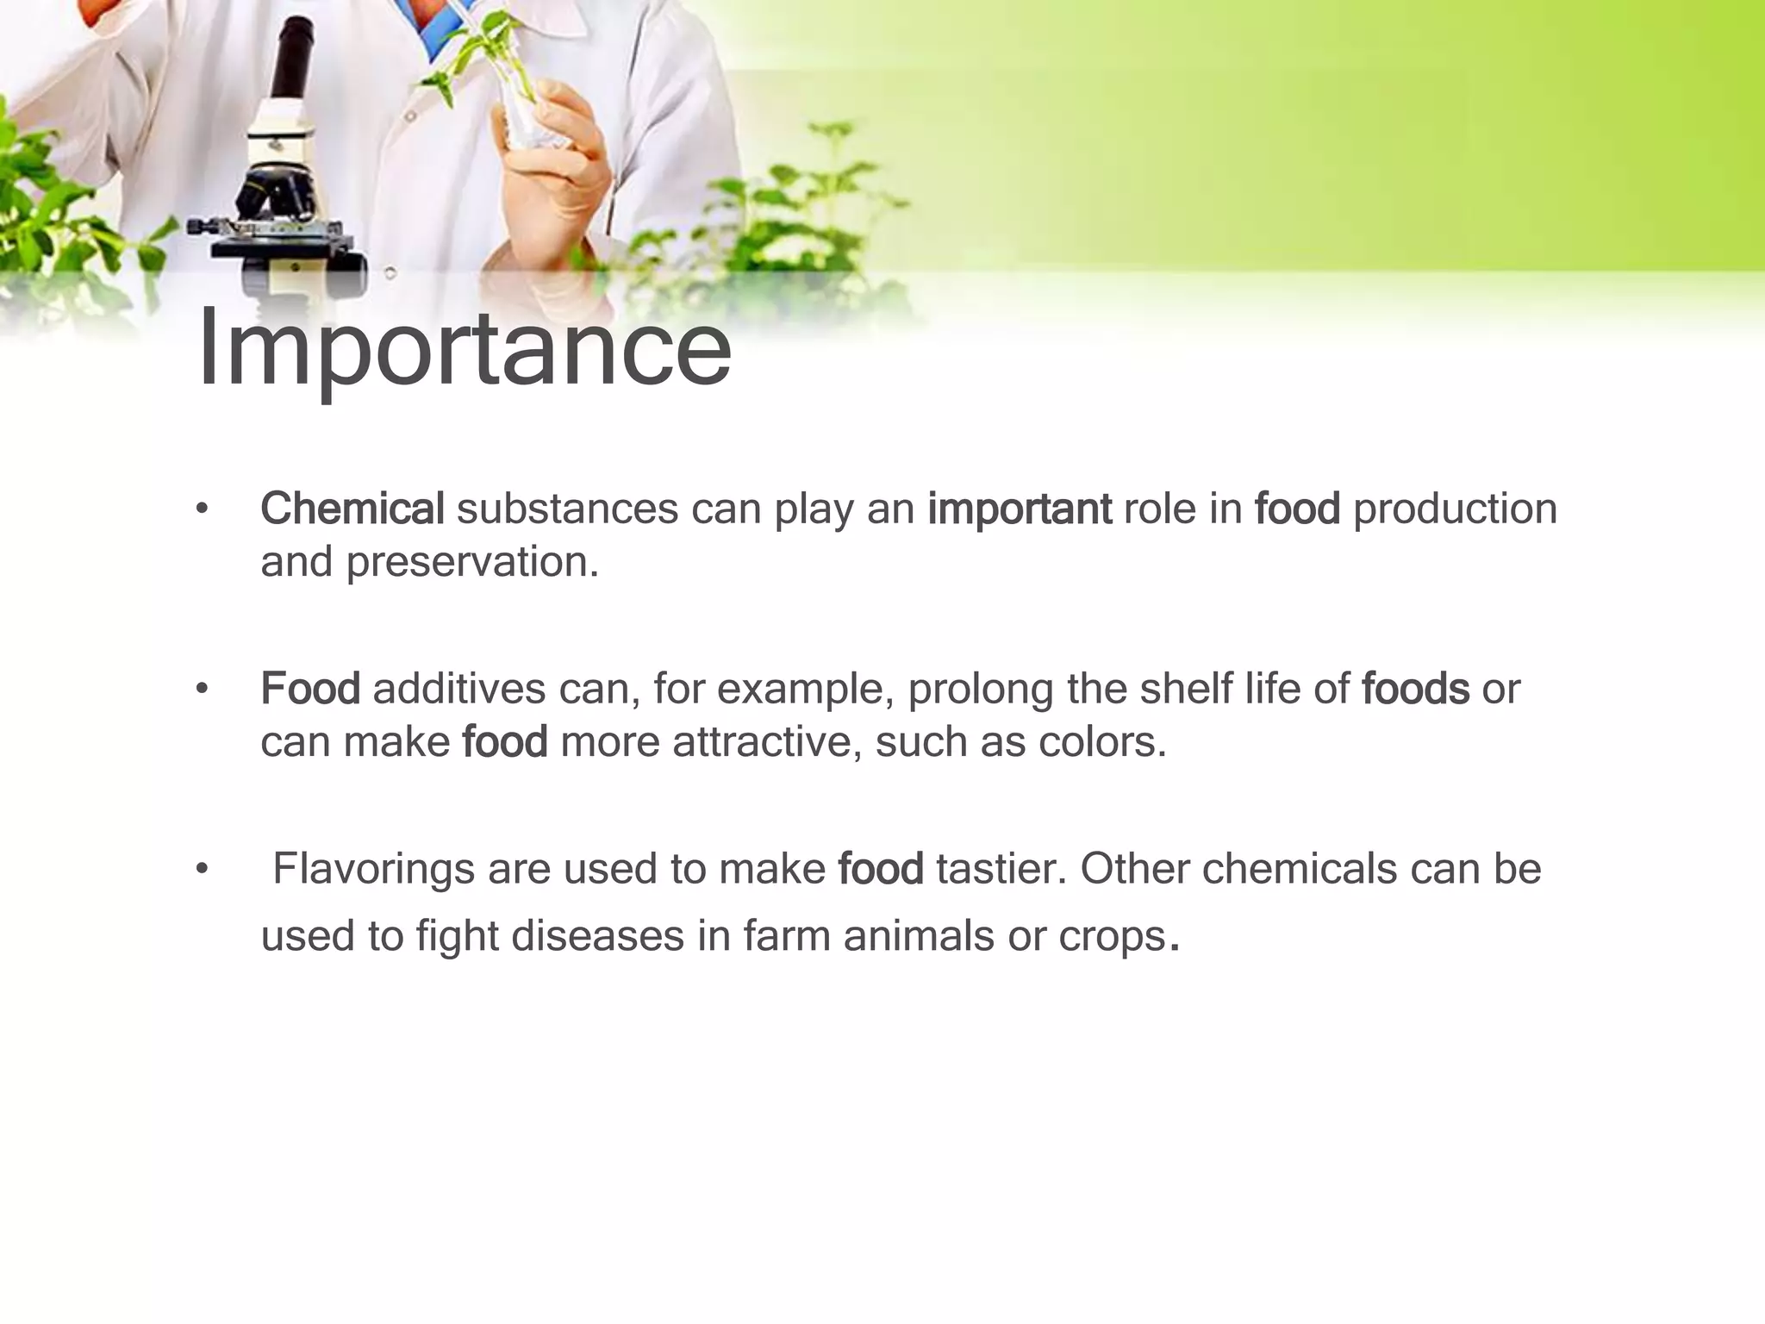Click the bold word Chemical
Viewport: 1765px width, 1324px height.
click(x=352, y=509)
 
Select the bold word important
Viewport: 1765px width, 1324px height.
click(x=1019, y=509)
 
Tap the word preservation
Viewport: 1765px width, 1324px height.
click(x=471, y=562)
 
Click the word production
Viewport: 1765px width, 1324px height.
click(x=1455, y=509)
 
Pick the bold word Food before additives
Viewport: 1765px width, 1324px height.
click(x=310, y=689)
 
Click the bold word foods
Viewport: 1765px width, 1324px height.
click(x=1415, y=689)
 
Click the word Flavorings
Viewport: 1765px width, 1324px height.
click(x=373, y=869)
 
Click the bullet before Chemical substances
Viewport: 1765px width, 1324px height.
click(x=202, y=509)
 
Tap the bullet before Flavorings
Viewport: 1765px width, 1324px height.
click(x=202, y=870)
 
